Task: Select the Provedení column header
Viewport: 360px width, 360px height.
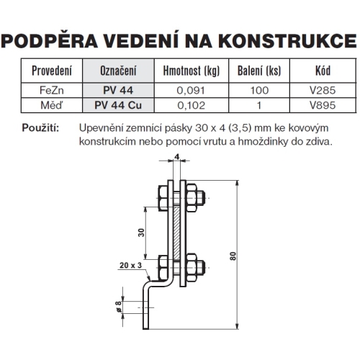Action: pyautogui.click(x=52, y=72)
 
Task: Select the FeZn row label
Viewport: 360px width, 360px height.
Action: pyautogui.click(x=52, y=90)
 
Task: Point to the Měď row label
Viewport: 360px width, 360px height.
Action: pyautogui.click(x=52, y=104)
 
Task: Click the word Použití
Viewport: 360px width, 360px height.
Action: pyautogui.click(x=45, y=127)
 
